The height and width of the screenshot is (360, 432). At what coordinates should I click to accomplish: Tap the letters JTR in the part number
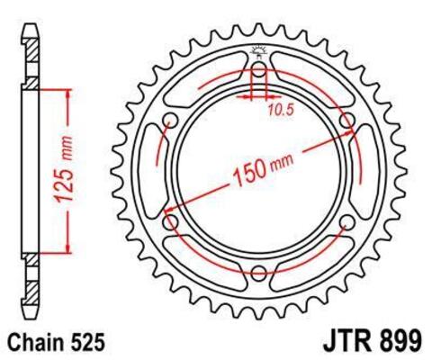point(341,342)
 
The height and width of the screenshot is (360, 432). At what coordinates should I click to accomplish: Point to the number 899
point(397,342)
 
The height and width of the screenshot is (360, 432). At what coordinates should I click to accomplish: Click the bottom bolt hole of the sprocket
point(258,274)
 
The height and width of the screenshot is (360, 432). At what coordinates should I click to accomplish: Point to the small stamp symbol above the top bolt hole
point(258,51)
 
